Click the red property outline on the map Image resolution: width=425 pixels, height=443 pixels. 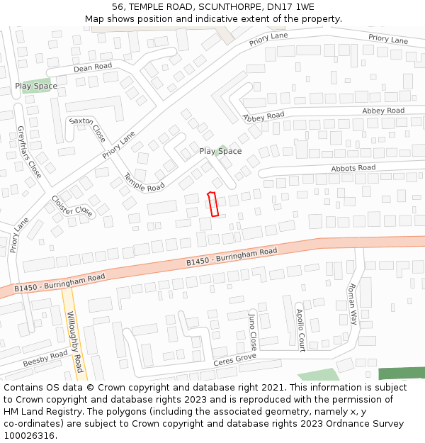click(x=212, y=204)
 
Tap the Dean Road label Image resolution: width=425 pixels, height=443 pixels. click(x=93, y=67)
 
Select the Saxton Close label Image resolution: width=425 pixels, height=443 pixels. click(x=87, y=129)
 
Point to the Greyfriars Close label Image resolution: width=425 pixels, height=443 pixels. click(x=29, y=152)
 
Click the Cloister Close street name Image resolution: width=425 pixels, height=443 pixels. click(x=72, y=206)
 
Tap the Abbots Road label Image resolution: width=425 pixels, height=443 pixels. click(x=353, y=168)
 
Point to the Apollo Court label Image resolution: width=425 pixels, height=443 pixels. click(x=300, y=330)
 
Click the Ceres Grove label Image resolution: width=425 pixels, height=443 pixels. click(x=234, y=361)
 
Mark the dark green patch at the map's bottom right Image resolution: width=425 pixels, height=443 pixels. click(x=401, y=374)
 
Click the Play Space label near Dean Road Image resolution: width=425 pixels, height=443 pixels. click(x=36, y=86)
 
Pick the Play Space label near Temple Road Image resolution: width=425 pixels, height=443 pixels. click(x=220, y=151)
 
